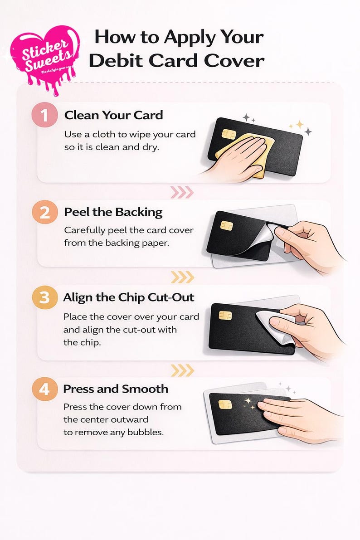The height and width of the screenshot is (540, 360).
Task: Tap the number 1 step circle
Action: [44, 116]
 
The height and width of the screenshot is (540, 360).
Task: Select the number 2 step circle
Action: [44, 212]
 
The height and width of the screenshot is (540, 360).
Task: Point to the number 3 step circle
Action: [44, 298]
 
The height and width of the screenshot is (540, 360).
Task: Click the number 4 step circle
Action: [44, 389]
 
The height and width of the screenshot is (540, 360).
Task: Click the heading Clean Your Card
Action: [113, 115]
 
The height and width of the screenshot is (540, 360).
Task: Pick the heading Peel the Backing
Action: [113, 212]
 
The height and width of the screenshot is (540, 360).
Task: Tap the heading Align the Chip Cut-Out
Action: [129, 297]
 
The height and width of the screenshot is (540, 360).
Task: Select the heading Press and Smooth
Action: [116, 389]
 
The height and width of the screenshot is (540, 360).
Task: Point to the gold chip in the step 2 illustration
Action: [226, 225]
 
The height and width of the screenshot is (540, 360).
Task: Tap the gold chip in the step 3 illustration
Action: [225, 315]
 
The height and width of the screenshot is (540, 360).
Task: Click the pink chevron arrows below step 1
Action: [181, 193]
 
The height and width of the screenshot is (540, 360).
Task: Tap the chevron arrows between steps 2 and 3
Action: [182, 277]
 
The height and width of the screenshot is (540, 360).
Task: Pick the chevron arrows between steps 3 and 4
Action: [182, 370]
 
